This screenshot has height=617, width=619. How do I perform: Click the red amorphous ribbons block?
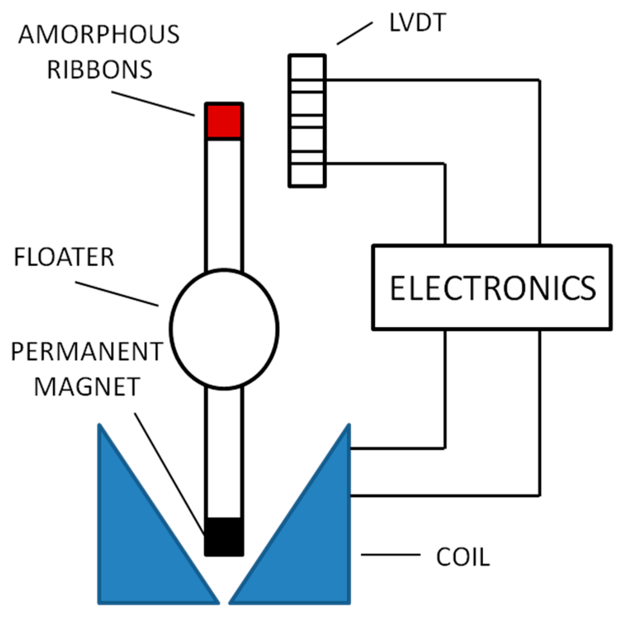[224, 121]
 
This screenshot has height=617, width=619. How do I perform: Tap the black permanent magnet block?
[224, 536]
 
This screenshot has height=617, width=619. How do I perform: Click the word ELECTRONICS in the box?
[492, 288]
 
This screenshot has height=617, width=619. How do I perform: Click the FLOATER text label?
[65, 257]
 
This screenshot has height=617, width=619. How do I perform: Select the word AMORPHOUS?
[99, 35]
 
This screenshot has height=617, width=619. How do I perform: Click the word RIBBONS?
[100, 69]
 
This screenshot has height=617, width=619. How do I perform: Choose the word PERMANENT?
[87, 351]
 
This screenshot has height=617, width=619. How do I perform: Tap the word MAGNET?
[86, 386]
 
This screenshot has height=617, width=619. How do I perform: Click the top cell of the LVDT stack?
[307, 67]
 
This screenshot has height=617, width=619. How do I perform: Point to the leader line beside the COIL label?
[391, 554]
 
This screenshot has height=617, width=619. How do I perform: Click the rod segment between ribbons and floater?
[224, 205]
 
